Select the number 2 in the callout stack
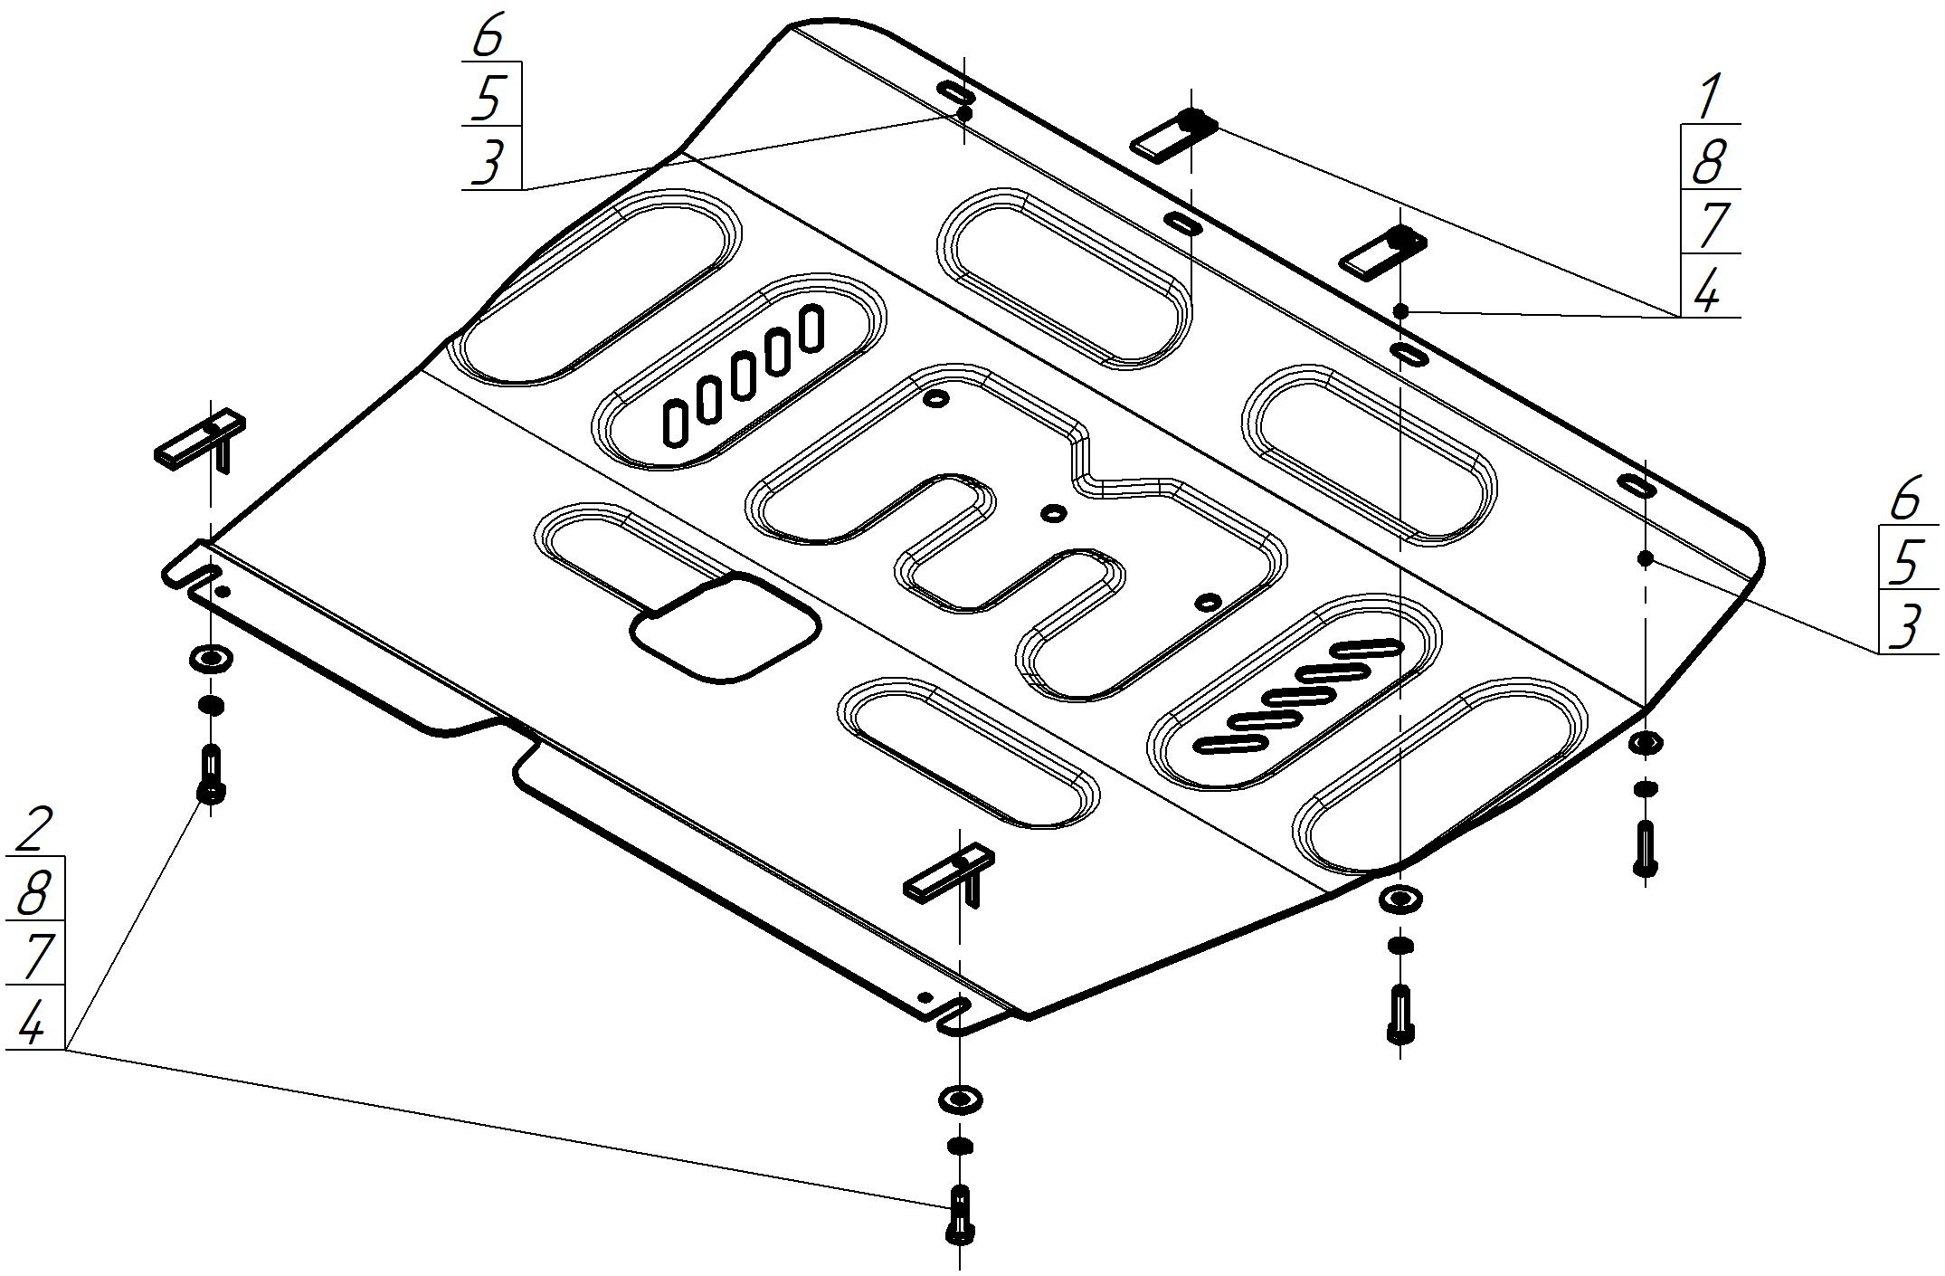[34, 831]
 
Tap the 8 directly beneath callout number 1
[1708, 163]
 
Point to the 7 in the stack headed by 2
[34, 957]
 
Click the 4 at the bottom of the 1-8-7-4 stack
[1708, 291]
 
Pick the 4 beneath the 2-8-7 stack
[33, 1023]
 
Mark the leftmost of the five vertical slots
[674, 424]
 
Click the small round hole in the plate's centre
[1053, 514]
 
